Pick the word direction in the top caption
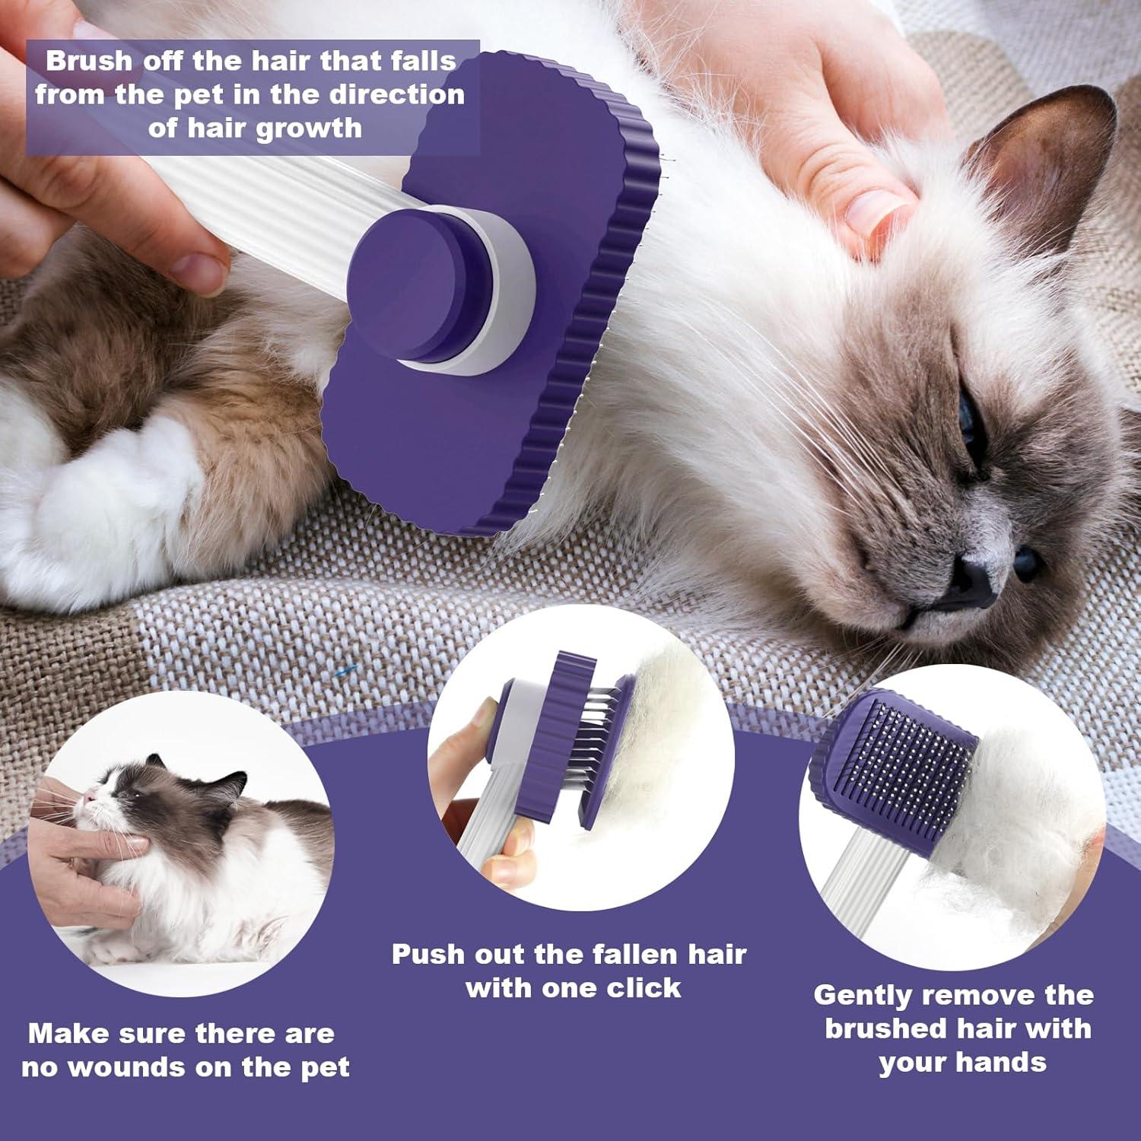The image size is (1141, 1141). click(396, 94)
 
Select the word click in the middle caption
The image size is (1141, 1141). click(643, 988)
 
